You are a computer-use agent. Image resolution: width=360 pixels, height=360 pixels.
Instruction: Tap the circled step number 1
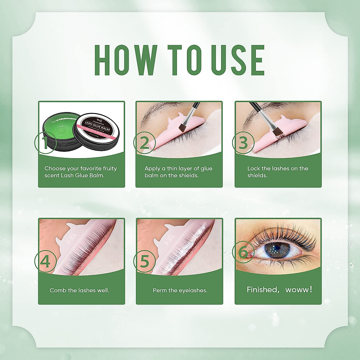coord(45,142)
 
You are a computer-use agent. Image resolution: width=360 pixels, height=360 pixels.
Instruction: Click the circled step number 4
coord(45,261)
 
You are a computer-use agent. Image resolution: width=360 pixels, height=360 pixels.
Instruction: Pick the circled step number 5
coord(145,261)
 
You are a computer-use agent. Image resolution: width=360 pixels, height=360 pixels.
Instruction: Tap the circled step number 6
coord(243,253)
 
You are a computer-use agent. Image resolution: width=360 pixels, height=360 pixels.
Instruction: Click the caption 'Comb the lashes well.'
coord(79,290)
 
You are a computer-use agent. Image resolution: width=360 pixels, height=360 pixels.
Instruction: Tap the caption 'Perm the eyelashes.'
coord(180,290)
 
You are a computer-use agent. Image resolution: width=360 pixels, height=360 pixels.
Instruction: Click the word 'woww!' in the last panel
coord(299,290)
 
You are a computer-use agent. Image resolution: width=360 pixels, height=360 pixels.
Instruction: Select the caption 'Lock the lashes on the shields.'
coord(277,172)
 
